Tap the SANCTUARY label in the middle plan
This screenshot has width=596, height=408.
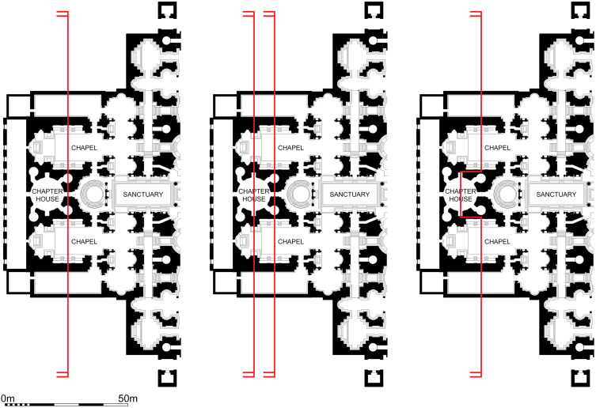point(348,194)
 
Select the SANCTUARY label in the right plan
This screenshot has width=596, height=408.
point(554,194)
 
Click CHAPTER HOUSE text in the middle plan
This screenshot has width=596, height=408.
point(252,195)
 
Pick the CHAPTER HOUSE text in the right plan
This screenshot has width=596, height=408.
point(460,195)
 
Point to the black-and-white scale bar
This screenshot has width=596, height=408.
point(63,404)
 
